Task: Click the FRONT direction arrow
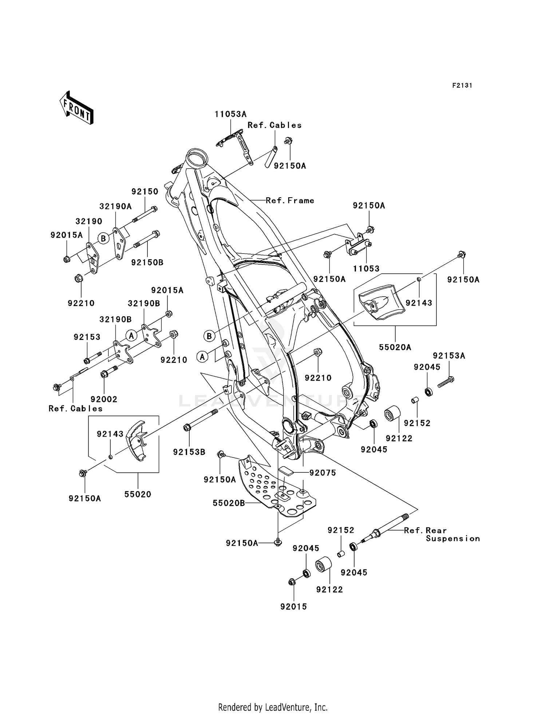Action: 77,108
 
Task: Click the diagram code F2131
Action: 462,86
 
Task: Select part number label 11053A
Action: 230,114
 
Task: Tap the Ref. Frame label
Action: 290,201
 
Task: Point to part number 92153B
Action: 189,452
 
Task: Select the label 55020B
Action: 229,503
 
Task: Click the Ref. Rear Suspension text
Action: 442,534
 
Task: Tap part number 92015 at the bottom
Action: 293,607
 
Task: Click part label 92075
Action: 323,473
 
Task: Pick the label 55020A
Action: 395,347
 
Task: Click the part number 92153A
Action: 449,356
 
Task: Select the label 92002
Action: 104,399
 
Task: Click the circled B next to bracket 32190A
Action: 103,238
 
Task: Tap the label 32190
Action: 89,221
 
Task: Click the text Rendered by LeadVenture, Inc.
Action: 273,707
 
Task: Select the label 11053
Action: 366,269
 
